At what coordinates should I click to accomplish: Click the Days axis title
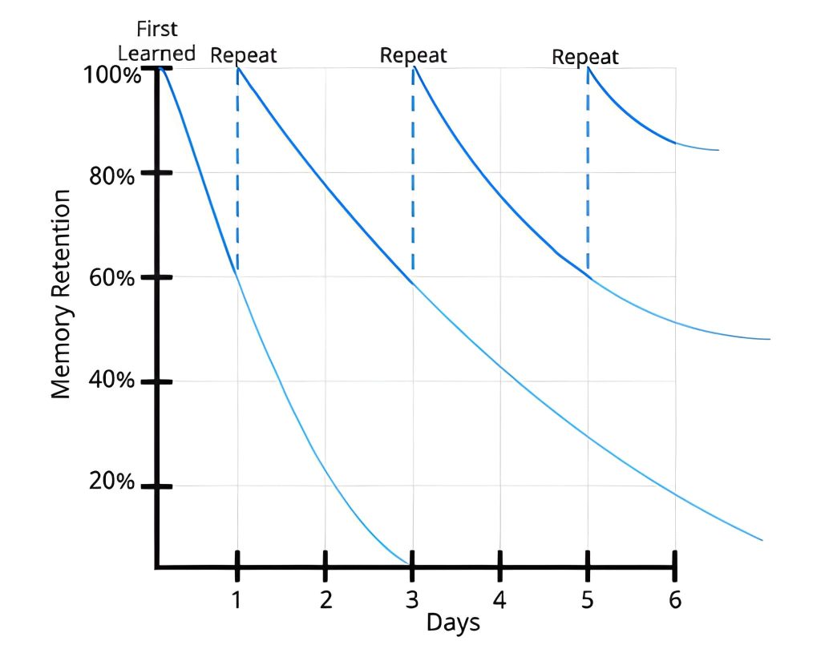[453, 622]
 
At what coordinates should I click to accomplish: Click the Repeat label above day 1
[244, 55]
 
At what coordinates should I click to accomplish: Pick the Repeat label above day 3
[413, 55]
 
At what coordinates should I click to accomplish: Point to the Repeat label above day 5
[585, 57]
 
